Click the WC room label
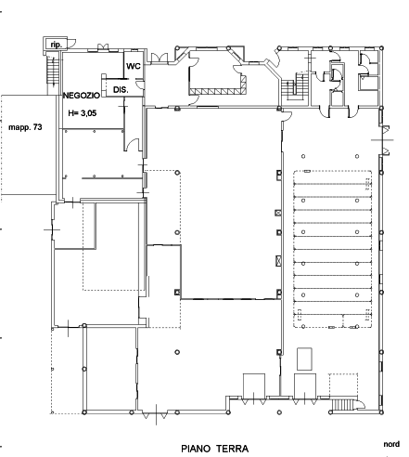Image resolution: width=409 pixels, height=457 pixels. pos(134,66)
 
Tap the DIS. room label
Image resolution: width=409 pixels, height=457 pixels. pos(121,90)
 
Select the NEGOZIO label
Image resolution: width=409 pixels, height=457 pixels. pos(82,96)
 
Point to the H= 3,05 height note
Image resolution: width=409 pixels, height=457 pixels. pos(83,113)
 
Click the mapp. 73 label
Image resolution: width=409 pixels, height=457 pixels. pos(25,127)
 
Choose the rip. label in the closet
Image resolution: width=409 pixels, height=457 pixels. pos(56,45)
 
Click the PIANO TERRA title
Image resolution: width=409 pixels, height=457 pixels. pos(214,449)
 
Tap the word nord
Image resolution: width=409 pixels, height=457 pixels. pos(391,444)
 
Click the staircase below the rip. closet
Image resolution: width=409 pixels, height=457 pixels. pos(52,72)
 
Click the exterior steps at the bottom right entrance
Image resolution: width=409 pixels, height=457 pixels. pos(342,405)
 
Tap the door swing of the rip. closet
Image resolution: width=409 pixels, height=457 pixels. pos(71,44)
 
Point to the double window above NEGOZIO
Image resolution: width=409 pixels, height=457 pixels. pos(103,47)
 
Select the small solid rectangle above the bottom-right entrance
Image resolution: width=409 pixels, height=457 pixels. pos(304,359)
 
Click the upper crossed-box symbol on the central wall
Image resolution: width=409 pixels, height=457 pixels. pos(278,213)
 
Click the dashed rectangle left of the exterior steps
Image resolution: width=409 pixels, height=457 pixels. pos(343,385)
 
